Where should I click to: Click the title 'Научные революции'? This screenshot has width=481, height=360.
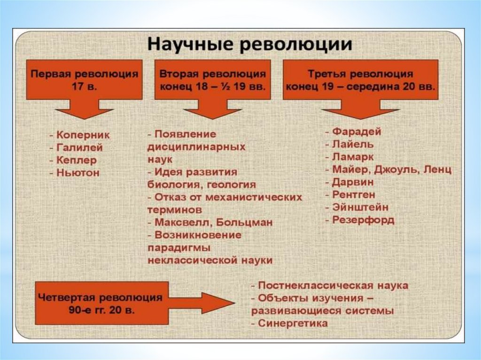click(x=250, y=46)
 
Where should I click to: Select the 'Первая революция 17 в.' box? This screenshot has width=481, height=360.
click(x=85, y=80)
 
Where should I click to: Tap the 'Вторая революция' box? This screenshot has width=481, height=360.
click(x=213, y=80)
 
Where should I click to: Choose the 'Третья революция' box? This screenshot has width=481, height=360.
click(x=360, y=80)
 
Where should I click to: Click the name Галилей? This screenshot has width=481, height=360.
click(x=78, y=147)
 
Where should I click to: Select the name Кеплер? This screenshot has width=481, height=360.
click(x=77, y=160)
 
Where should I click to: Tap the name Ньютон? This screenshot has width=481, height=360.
click(x=78, y=173)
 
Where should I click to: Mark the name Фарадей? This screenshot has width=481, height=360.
click(x=356, y=131)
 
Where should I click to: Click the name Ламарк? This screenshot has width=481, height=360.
click(x=353, y=157)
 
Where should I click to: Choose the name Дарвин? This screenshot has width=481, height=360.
click(x=353, y=182)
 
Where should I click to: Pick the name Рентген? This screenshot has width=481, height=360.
click(x=354, y=195)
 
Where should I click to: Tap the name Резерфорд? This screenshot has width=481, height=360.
click(x=363, y=220)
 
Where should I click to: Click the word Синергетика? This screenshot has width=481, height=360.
click(x=293, y=323)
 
